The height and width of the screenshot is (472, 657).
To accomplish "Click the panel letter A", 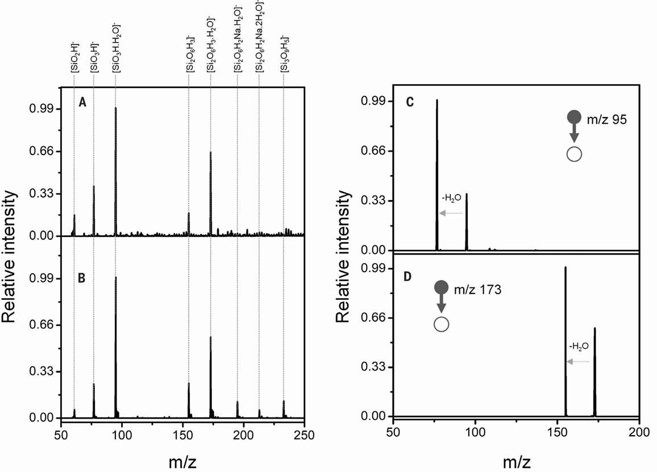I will pos(83,103).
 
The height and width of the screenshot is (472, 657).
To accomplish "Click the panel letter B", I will pos(82,278).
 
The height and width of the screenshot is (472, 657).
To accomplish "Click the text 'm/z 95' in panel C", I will pos(608,120).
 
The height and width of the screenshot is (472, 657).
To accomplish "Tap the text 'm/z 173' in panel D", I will pos(478,289).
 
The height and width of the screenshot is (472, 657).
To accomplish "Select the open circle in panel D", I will pos(442,324).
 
